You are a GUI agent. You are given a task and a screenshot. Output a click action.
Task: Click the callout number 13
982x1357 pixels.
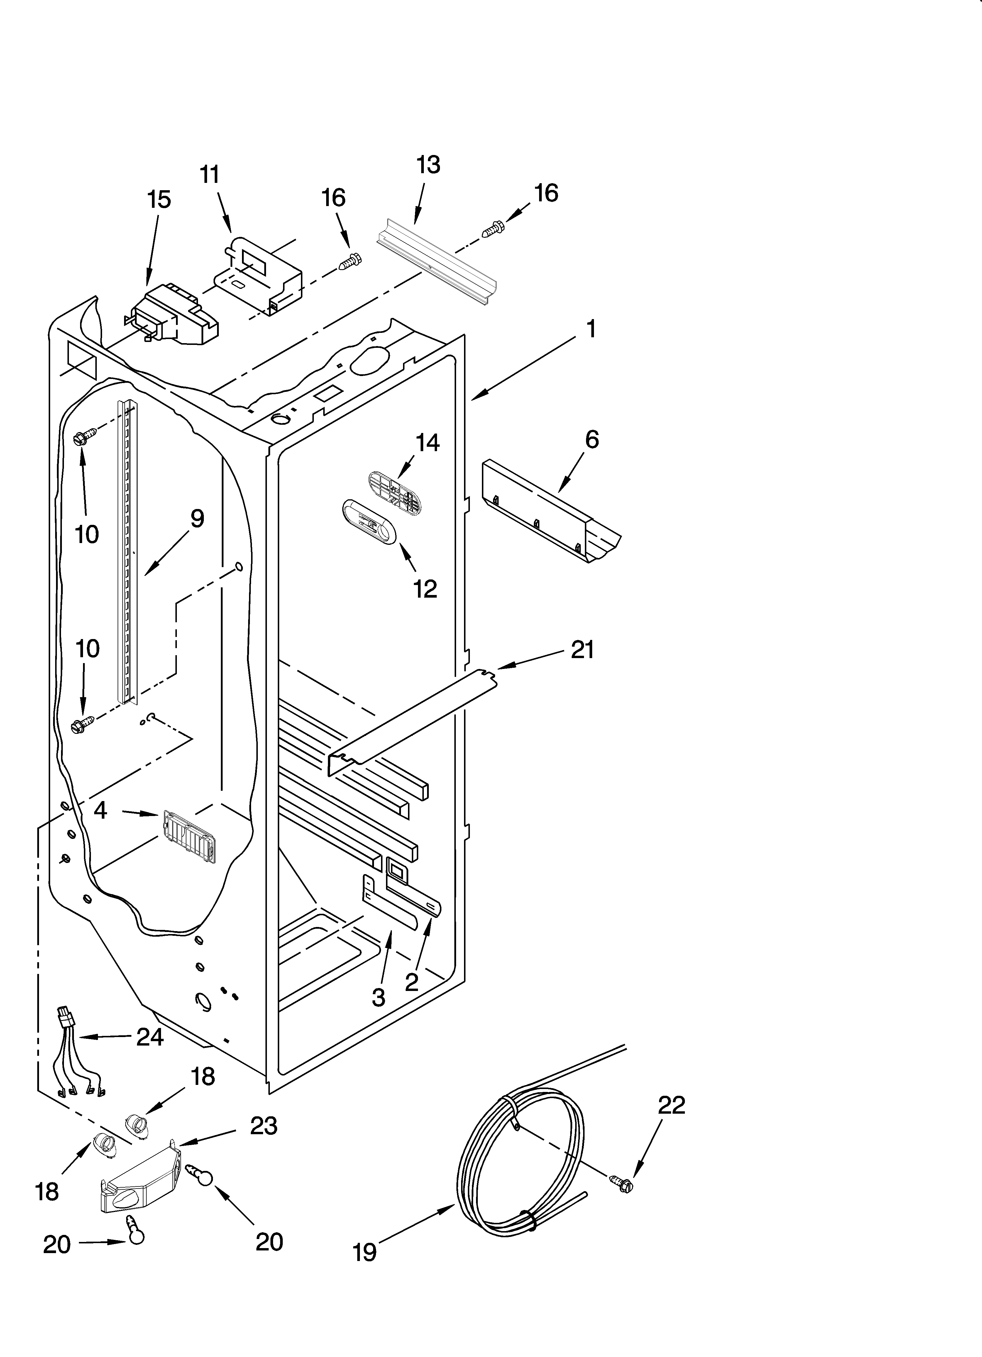[428, 165]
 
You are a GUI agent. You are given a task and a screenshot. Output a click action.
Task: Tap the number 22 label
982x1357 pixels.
[671, 1105]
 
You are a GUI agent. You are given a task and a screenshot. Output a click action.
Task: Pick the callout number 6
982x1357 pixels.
[592, 440]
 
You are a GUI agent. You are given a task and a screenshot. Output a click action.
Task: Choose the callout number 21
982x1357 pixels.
[582, 649]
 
